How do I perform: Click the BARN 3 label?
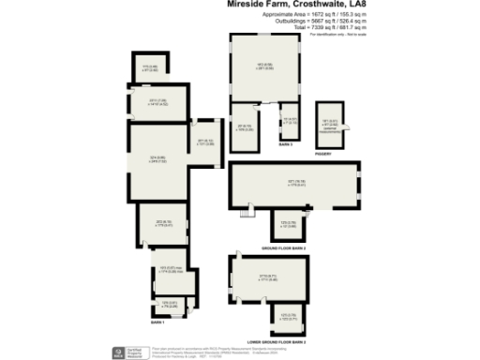coord(284,145)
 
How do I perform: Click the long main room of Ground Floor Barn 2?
coord(292,185)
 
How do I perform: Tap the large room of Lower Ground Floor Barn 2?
coord(267,277)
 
